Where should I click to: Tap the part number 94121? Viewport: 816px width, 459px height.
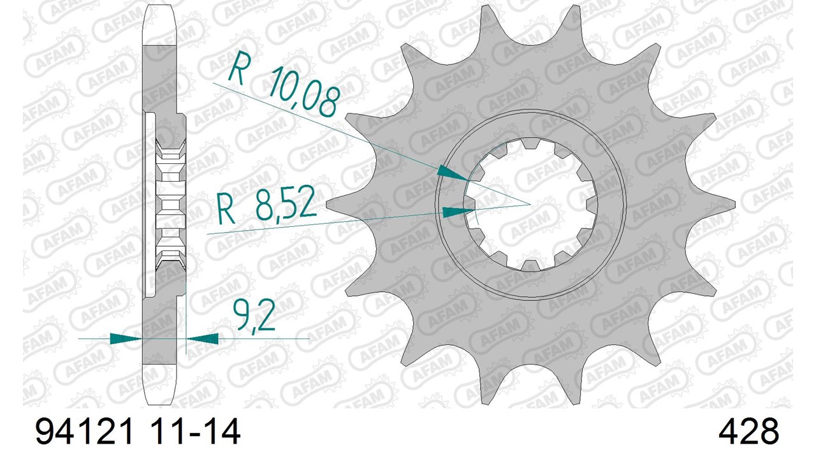coord(83,432)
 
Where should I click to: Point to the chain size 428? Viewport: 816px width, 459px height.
coord(748,432)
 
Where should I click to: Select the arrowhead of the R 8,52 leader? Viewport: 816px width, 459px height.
coord(458,212)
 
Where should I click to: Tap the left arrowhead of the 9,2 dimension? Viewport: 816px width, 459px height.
coord(126,339)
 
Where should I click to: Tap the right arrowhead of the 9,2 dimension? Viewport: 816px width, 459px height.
coord(203,339)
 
